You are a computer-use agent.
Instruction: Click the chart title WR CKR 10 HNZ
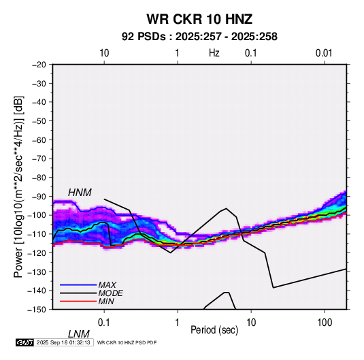(x=199, y=19)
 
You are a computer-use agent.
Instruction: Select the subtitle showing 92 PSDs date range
(x=199, y=37)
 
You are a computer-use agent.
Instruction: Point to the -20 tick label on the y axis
(x=39, y=65)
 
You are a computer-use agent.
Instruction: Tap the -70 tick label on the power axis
(x=39, y=159)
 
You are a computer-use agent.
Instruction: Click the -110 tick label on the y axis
(x=37, y=234)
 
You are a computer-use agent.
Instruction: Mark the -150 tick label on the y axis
(x=37, y=310)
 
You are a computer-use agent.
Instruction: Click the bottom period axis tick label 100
(x=325, y=323)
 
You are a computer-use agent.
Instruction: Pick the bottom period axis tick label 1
(x=178, y=323)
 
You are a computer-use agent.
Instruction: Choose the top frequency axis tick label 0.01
(x=324, y=53)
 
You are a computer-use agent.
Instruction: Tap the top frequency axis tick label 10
(x=104, y=53)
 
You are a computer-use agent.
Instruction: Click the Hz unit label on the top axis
(x=214, y=53)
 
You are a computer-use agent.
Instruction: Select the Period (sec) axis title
(x=214, y=330)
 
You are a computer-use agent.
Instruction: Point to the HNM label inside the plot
(x=80, y=193)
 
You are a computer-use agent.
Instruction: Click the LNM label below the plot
(x=79, y=334)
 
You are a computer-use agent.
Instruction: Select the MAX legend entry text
(x=107, y=285)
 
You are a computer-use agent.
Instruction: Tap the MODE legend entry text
(x=110, y=293)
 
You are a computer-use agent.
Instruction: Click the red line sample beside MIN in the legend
(x=78, y=301)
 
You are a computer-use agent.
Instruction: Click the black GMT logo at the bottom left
(x=25, y=342)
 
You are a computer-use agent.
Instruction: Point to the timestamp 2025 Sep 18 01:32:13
(x=63, y=342)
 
